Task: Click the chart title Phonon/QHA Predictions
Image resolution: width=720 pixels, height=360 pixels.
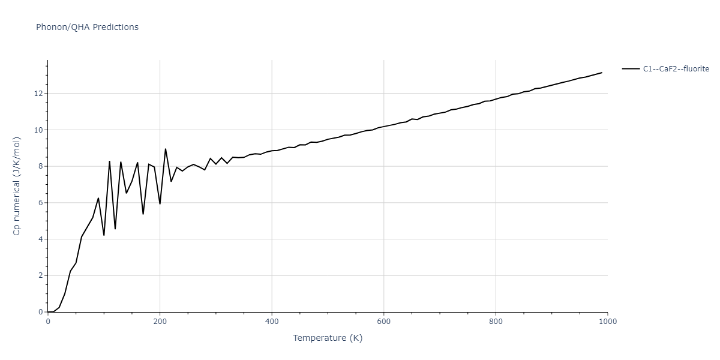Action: point(87,27)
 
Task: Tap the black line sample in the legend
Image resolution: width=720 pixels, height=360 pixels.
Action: point(631,69)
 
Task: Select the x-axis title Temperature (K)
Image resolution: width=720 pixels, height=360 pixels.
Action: point(328,338)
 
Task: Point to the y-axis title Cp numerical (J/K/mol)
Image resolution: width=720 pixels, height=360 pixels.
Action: point(17,186)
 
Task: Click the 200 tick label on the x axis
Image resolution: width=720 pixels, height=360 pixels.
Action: point(160,322)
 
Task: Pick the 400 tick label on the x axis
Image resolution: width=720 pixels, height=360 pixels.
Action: point(272,322)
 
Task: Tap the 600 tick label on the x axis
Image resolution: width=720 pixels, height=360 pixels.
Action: point(384,322)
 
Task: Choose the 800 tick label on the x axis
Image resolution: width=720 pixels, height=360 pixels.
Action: point(496,322)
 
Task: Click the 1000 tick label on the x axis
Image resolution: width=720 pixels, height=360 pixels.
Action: point(607,322)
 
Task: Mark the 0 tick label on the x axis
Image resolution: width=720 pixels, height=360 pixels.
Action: point(48,322)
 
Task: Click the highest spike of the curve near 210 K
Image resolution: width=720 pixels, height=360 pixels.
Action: point(166,149)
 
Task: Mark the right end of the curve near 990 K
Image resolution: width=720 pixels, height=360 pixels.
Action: point(602,73)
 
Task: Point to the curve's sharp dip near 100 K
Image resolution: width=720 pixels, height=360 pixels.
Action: point(104,235)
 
